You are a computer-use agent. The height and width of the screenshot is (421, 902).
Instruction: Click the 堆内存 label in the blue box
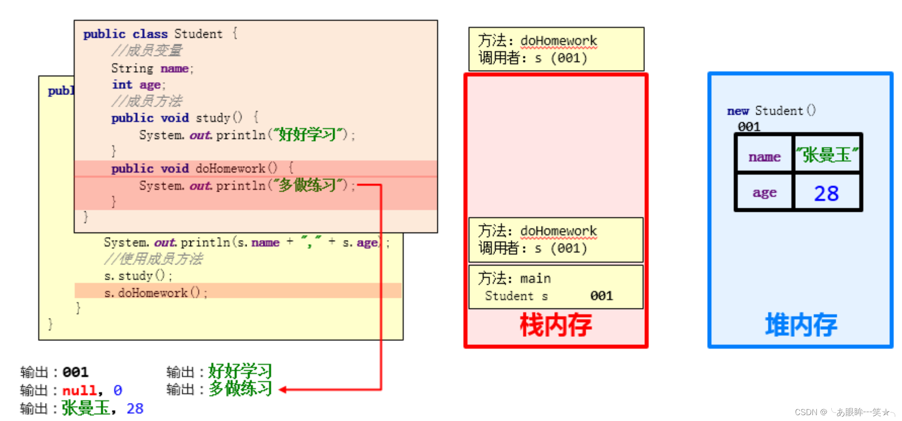pyautogui.click(x=801, y=325)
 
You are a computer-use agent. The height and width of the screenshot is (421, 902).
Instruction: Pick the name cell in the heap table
pyautogui.click(x=764, y=157)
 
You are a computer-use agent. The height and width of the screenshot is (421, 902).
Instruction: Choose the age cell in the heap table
pyautogui.click(x=764, y=193)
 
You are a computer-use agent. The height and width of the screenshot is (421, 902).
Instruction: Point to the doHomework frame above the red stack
pyautogui.click(x=556, y=49)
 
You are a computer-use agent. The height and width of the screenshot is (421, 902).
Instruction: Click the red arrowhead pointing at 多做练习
pyautogui.click(x=283, y=390)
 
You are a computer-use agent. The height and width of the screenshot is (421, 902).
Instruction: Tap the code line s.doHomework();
pyautogui.click(x=155, y=293)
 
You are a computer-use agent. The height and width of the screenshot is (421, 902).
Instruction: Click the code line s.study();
pyautogui.click(x=138, y=276)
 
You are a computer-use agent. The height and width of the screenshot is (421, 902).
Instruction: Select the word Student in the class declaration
pyautogui.click(x=198, y=34)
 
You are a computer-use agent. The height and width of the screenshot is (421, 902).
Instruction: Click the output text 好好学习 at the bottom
pyautogui.click(x=240, y=372)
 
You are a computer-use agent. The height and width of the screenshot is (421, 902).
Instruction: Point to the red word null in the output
pyautogui.click(x=79, y=390)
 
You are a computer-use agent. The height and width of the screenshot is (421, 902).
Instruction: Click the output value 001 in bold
pyautogui.click(x=75, y=372)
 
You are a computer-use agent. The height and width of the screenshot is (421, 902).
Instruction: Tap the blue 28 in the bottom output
pyautogui.click(x=135, y=408)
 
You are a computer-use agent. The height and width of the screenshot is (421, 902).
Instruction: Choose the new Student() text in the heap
pyautogui.click(x=771, y=111)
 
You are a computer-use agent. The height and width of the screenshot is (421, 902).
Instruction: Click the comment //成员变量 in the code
pyautogui.click(x=147, y=50)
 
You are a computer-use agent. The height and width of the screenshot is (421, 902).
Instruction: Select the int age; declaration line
pyautogui.click(x=139, y=85)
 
